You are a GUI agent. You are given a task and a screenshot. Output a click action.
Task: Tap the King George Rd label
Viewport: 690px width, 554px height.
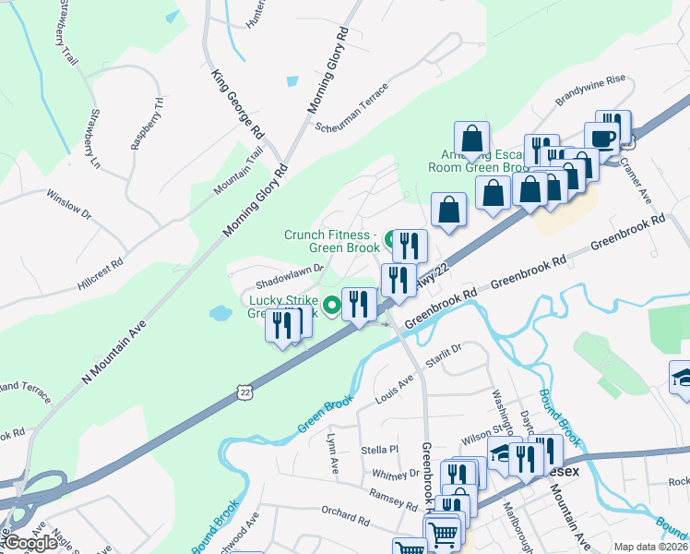pos(238,104)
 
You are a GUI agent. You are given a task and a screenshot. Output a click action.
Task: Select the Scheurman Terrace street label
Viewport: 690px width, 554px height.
pos(351,108)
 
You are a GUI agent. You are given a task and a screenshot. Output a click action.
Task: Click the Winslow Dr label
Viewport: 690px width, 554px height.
pos(70,205)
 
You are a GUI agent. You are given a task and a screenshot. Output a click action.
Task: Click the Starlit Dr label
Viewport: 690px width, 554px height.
pos(442,354)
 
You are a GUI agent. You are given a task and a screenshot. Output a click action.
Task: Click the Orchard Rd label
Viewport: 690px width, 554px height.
pos(345,515)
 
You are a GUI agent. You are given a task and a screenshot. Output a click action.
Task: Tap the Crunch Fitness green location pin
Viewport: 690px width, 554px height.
pos(391,238)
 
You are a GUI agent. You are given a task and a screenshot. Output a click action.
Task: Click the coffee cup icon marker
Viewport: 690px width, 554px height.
pos(601,138)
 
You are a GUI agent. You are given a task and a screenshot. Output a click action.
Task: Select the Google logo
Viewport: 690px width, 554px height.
pos(30,542)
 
